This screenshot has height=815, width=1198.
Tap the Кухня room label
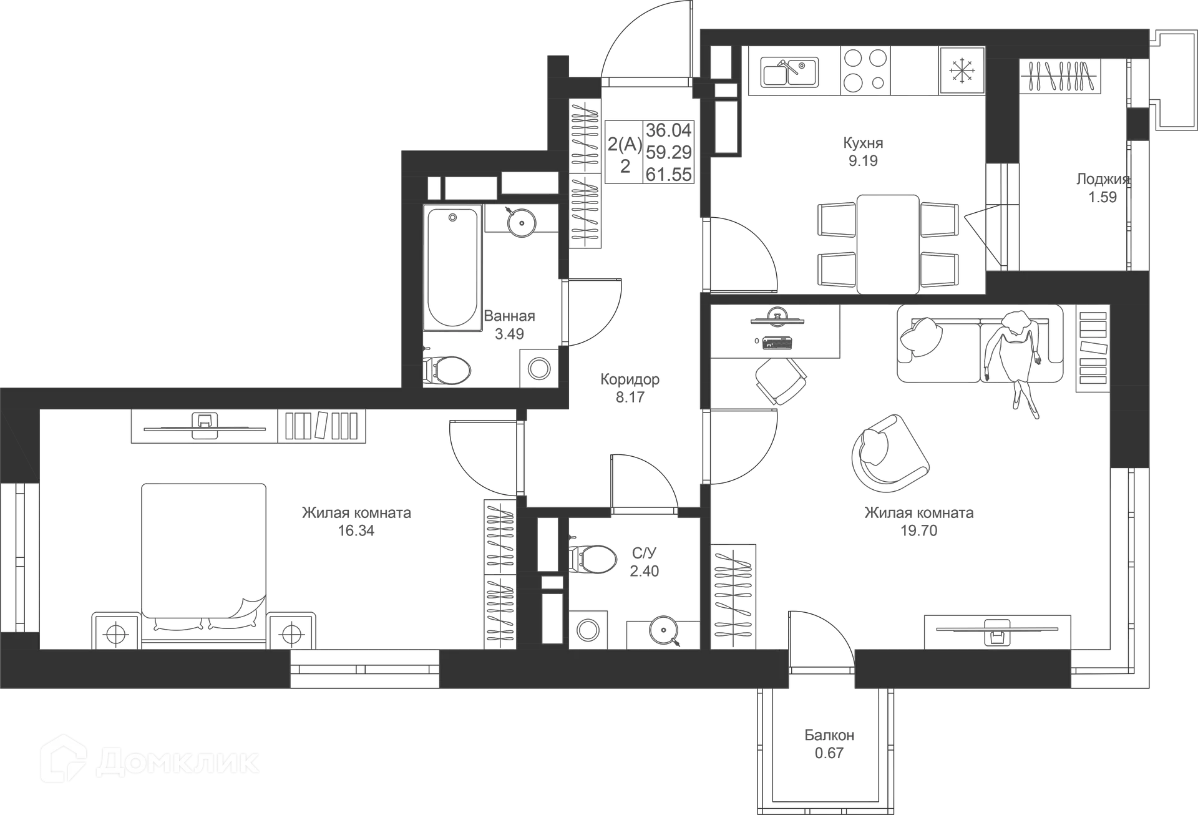(863, 143)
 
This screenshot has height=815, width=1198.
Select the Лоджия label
(1103, 179)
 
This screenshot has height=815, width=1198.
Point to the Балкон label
(829, 735)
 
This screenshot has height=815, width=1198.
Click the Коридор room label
(630, 379)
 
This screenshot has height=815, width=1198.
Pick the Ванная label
(510, 316)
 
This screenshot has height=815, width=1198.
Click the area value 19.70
(919, 530)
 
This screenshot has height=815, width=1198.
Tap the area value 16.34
(356, 531)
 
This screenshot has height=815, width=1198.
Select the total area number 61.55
(668, 174)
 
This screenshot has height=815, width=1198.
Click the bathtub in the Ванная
(452, 268)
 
